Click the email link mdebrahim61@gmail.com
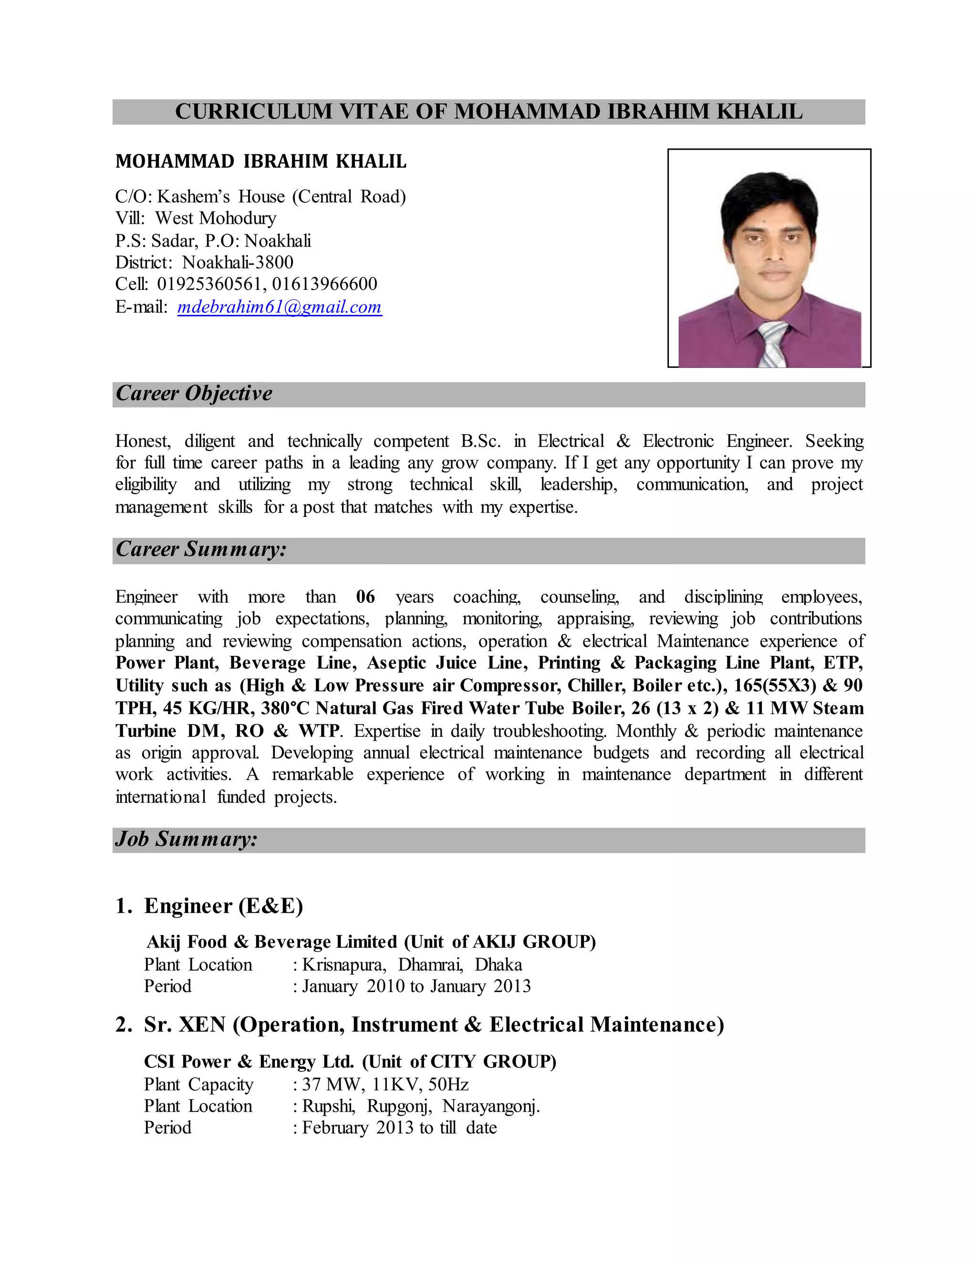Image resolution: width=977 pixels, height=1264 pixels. pos(280,307)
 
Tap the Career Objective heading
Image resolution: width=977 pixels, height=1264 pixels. pos(194,394)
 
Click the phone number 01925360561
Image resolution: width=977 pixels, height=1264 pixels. pos(208,284)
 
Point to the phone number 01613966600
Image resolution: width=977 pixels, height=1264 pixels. pos(325,284)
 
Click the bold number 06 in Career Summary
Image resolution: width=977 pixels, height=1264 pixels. pos(365,597)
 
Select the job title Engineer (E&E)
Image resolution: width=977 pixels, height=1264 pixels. pos(223,906)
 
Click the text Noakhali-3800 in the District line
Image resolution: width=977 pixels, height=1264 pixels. pos(237,263)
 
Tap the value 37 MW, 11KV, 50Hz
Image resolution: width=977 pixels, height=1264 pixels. pos(385,1085)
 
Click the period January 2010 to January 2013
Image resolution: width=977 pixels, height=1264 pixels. pos(416,986)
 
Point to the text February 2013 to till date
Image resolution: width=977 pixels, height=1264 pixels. pos(399,1128)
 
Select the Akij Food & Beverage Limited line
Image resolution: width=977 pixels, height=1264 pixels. pos(370,942)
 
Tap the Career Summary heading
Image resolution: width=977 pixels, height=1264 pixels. pos(201,549)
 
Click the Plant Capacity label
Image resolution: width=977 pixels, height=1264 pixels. pos(198,1085)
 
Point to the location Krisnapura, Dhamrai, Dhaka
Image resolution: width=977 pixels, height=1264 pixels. pos(412,965)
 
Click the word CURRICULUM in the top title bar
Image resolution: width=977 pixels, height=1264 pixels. pos(253,112)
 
